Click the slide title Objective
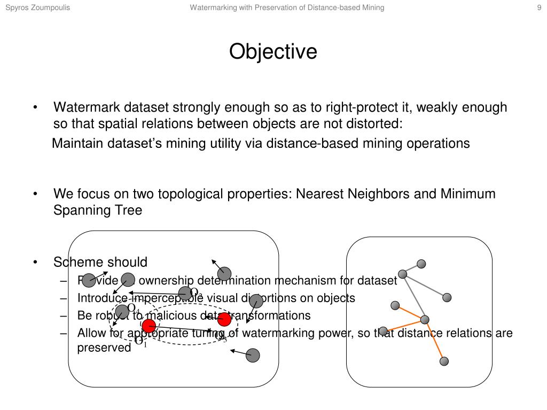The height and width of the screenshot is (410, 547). (273, 52)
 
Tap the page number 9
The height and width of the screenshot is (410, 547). (540, 7)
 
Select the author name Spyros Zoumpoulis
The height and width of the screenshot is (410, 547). (37, 7)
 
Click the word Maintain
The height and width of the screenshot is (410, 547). (76, 144)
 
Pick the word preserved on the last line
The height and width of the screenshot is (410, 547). (104, 348)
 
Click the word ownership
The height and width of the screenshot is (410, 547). (166, 281)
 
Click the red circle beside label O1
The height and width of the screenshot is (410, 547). (149, 325)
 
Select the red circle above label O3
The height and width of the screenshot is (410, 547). (224, 320)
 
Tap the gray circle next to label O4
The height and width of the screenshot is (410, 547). (122, 311)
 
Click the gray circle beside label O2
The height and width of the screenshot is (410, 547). (184, 293)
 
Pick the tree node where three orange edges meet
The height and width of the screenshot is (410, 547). (425, 320)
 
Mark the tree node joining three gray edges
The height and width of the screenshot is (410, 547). (403, 274)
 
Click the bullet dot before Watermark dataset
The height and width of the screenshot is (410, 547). (35, 108)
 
